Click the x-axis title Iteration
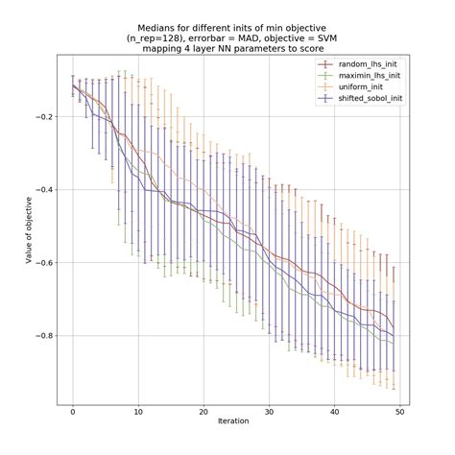(x=236, y=423)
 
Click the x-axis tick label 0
(x=73, y=410)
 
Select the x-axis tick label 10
(x=138, y=410)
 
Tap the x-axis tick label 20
(x=204, y=410)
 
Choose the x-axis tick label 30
(x=269, y=410)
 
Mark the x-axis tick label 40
(x=334, y=410)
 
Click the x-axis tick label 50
(x=399, y=410)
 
